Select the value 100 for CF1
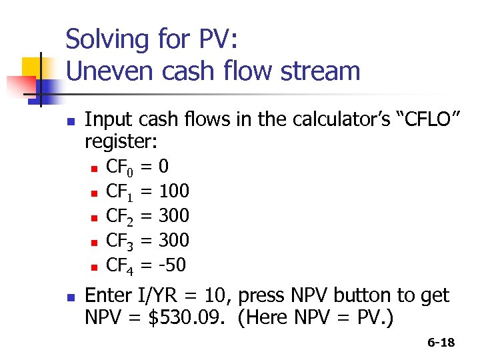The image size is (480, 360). click(x=173, y=191)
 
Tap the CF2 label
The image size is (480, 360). click(x=120, y=216)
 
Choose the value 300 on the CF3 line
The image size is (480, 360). click(x=173, y=240)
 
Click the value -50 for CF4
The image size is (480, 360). click(x=172, y=265)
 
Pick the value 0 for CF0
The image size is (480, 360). click(x=164, y=167)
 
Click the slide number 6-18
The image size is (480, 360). click(x=441, y=343)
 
